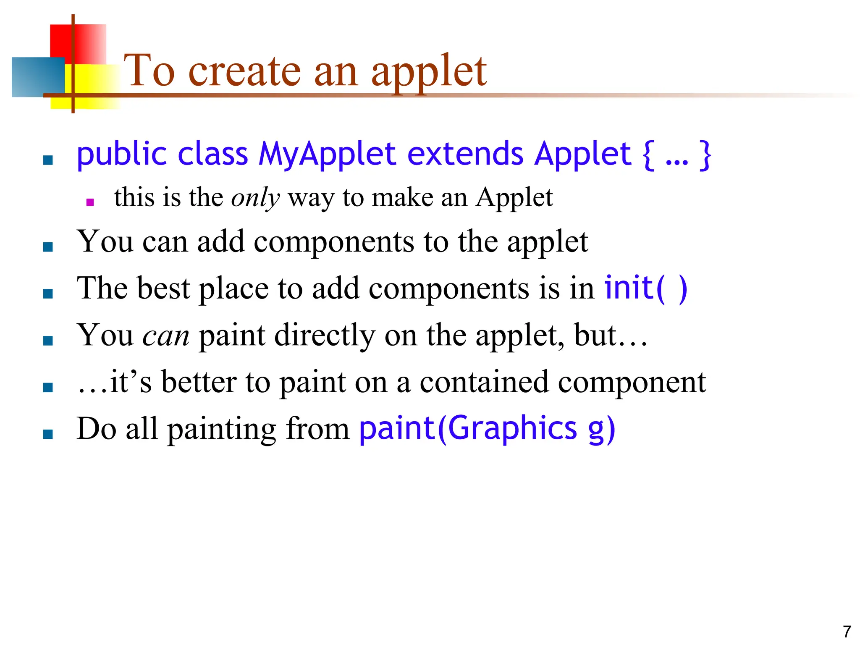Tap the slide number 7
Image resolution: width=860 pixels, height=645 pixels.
tap(847, 632)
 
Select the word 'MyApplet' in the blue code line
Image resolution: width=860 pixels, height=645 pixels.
tap(327, 154)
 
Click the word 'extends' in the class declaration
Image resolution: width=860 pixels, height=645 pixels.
tap(465, 154)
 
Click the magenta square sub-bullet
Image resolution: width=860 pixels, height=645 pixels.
tap(90, 202)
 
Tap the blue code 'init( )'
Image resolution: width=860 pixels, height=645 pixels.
tap(645, 288)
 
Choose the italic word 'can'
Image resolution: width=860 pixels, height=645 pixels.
tap(166, 336)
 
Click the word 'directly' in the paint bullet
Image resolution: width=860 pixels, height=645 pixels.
tap(325, 336)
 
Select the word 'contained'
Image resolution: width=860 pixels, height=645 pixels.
tap(484, 383)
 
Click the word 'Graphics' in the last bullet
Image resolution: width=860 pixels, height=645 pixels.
tap(512, 429)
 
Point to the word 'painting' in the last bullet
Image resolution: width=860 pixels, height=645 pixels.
tap(222, 430)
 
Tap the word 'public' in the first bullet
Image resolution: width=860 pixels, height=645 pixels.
tap(122, 155)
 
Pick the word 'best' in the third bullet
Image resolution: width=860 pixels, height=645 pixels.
tap(163, 288)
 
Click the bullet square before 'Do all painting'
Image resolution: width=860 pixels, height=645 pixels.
tap(48, 434)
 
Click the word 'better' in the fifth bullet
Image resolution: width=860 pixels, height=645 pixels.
tap(199, 383)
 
